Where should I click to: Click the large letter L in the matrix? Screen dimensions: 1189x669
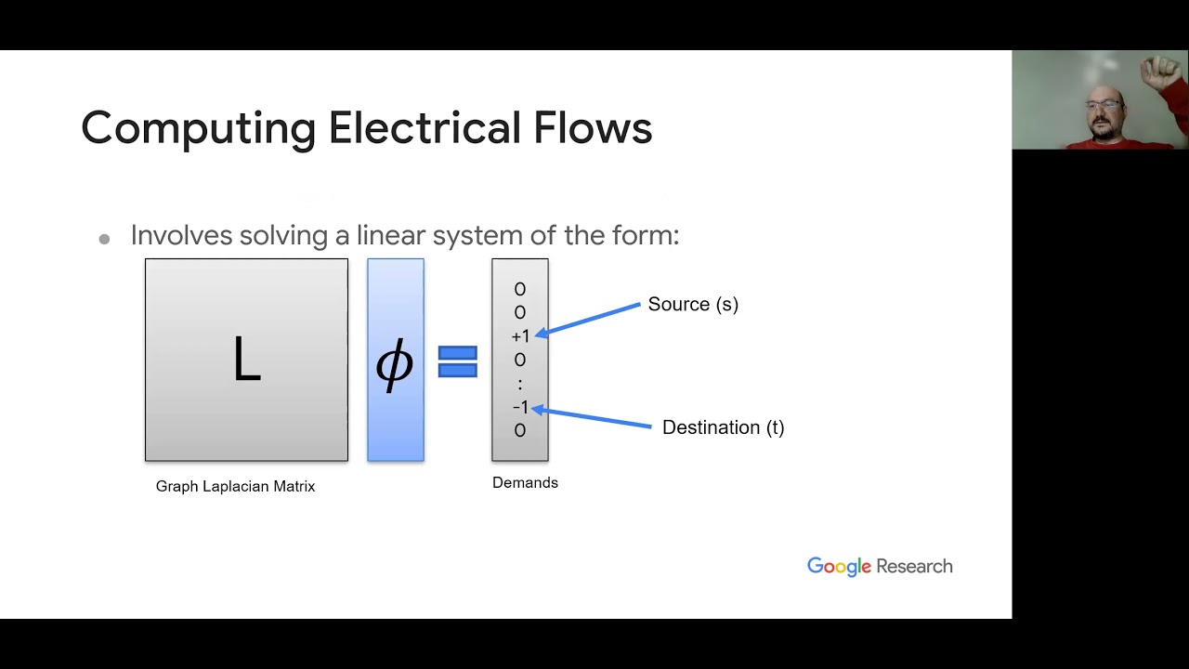[x=246, y=361]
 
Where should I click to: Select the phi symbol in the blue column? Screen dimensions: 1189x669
[x=395, y=363]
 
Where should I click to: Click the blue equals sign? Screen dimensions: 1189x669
[x=457, y=361]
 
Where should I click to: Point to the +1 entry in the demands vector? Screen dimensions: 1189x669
[x=520, y=336]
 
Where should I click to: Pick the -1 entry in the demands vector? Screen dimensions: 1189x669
[x=520, y=407]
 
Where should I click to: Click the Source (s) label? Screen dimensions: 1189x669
[x=693, y=305]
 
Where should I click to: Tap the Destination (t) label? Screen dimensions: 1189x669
[x=723, y=427]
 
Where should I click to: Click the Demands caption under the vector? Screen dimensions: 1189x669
[x=525, y=482]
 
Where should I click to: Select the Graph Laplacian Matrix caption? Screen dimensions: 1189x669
[x=235, y=486]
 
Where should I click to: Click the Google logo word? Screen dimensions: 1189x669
[x=839, y=567]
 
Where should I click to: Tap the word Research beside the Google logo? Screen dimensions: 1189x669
[x=914, y=567]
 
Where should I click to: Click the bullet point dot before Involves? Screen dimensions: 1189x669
[x=104, y=239]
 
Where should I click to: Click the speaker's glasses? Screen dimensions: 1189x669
[x=1104, y=104]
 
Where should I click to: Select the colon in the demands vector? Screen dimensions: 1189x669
[x=520, y=384]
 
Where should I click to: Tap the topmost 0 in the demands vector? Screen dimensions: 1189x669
[x=520, y=290]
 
